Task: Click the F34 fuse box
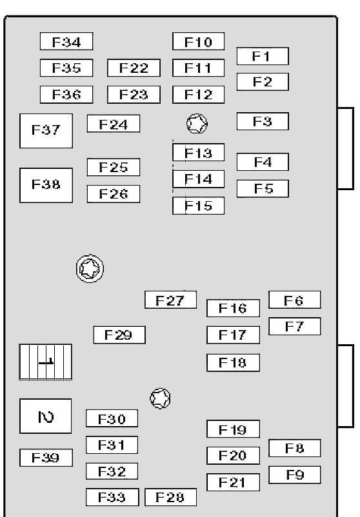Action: (x=66, y=41)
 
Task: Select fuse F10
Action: (x=198, y=41)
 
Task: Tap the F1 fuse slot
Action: (x=263, y=56)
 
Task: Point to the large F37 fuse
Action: (x=46, y=131)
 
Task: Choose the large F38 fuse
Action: (x=46, y=185)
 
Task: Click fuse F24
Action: (x=113, y=124)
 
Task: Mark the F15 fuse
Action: (x=198, y=206)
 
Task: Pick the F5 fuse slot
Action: (x=263, y=189)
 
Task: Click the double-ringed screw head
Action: (x=90, y=268)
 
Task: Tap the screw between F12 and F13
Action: (x=197, y=124)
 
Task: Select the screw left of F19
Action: (x=161, y=398)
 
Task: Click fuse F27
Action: (x=170, y=300)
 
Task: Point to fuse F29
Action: (x=119, y=335)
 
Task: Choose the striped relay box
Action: (x=46, y=362)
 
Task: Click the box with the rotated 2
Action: (x=46, y=416)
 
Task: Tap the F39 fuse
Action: (x=46, y=458)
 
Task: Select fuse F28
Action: (x=170, y=497)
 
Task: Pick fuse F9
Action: (x=295, y=475)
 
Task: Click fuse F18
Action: (x=234, y=363)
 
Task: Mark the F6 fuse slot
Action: (x=295, y=300)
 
